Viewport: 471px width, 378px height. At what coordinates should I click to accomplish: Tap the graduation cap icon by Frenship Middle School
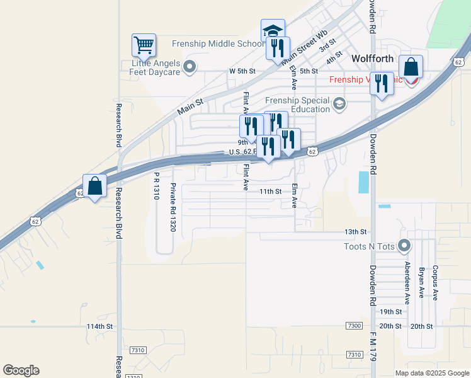[273, 30]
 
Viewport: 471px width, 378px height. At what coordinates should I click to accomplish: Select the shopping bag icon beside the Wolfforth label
[411, 67]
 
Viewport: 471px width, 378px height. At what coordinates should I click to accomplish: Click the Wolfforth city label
[372, 59]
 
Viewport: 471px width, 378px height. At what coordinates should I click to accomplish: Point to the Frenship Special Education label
[298, 105]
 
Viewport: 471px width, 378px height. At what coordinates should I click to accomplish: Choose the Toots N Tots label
[369, 246]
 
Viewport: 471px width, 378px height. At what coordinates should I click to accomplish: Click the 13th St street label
[355, 232]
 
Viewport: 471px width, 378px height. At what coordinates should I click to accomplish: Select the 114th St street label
[99, 326]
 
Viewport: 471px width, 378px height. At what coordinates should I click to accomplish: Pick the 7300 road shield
[355, 325]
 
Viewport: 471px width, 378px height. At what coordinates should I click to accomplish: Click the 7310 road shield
[139, 350]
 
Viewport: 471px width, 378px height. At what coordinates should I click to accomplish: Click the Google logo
[21, 370]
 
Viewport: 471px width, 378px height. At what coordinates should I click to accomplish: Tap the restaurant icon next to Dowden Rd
[381, 83]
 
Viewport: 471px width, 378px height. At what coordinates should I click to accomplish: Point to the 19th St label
[390, 312]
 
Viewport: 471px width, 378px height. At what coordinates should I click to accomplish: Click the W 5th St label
[242, 71]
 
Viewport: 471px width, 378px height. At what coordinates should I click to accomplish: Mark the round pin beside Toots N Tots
[405, 246]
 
